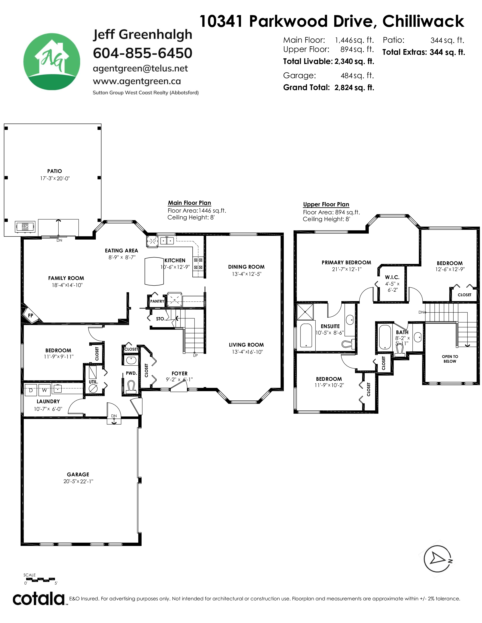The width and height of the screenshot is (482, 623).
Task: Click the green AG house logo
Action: click(52, 62)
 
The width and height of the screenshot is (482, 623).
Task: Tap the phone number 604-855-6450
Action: click(143, 53)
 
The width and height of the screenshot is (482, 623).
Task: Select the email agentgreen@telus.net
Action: click(140, 69)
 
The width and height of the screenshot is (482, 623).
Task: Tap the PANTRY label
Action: click(157, 301)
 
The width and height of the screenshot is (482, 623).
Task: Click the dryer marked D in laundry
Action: click(31, 390)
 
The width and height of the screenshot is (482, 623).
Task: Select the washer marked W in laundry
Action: click(44, 390)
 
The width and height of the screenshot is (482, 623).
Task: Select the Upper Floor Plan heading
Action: click(326, 204)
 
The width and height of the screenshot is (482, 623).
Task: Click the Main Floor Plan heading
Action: click(189, 203)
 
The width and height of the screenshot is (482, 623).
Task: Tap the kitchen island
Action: click(154, 271)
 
